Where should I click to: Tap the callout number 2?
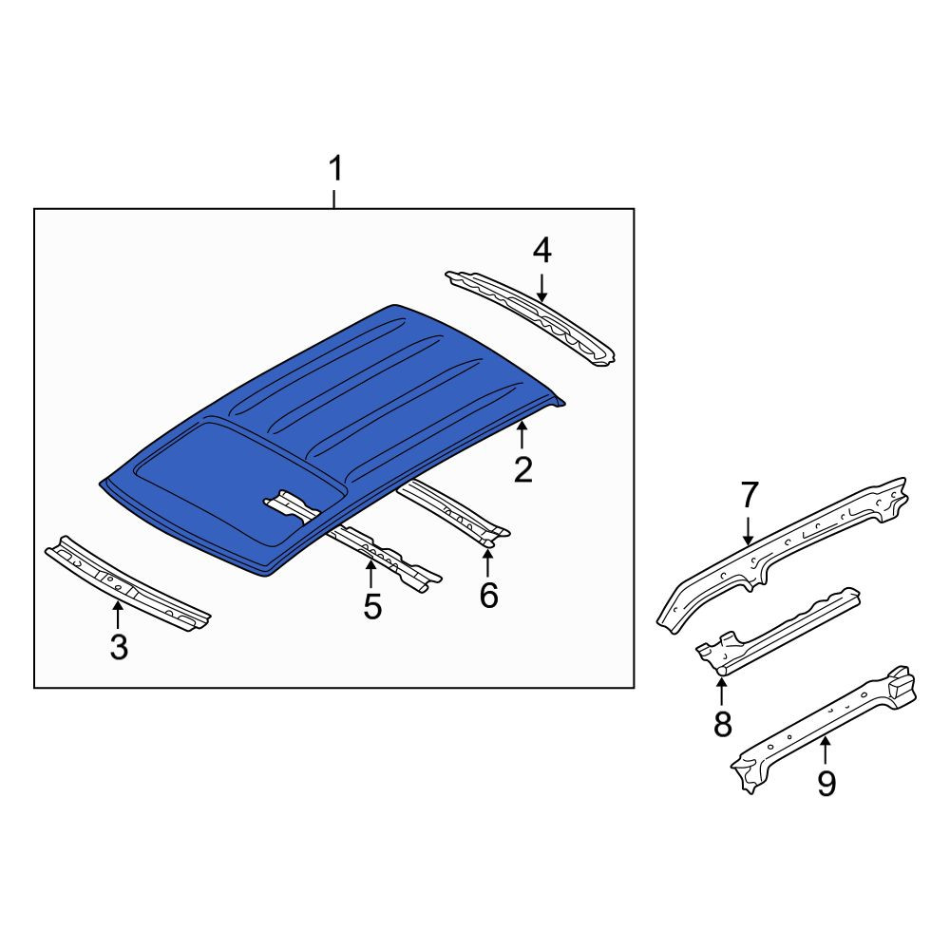click(x=522, y=470)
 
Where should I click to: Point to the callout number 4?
click(x=542, y=251)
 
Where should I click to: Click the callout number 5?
click(x=372, y=606)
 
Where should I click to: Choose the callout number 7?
click(x=750, y=495)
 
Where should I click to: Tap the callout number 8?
click(x=722, y=724)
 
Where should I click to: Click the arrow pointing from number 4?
click(x=541, y=288)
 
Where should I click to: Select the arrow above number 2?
click(x=522, y=436)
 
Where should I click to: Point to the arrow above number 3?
click(x=118, y=614)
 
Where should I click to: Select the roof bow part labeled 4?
click(x=530, y=317)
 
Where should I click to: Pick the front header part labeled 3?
click(x=127, y=583)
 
